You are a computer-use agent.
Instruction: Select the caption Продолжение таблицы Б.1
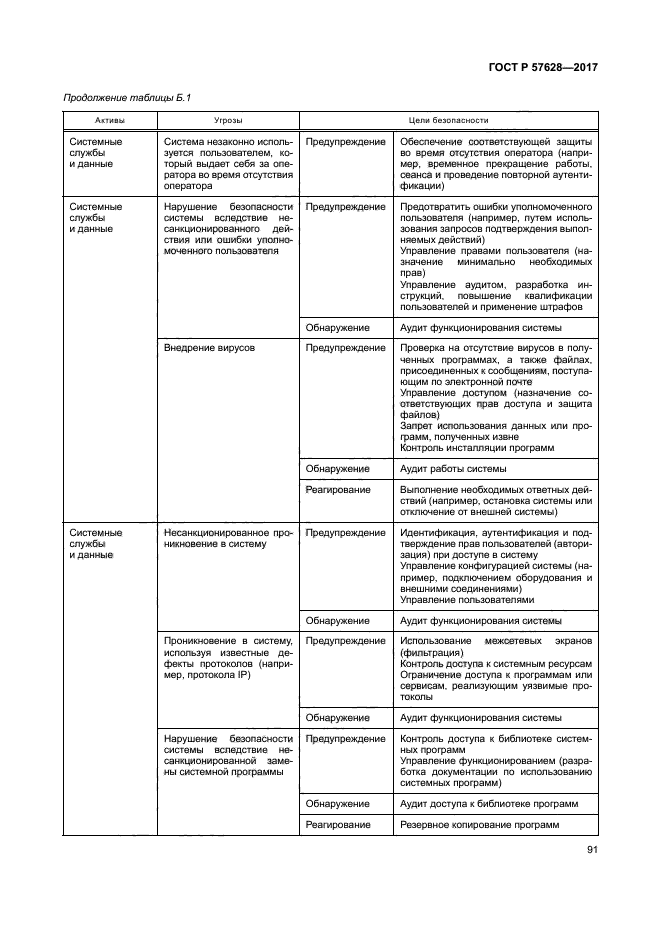(x=126, y=97)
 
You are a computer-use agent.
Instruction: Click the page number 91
(x=591, y=851)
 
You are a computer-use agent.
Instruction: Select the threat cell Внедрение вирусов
(x=209, y=348)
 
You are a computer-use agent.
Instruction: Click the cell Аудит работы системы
(x=453, y=468)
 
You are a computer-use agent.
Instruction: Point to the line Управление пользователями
(x=467, y=600)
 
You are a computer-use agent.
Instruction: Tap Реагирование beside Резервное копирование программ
(x=338, y=824)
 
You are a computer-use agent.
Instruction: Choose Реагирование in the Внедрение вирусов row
(x=338, y=489)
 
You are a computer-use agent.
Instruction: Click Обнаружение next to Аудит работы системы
(x=338, y=468)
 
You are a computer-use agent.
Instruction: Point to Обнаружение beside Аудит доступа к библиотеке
(x=338, y=803)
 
